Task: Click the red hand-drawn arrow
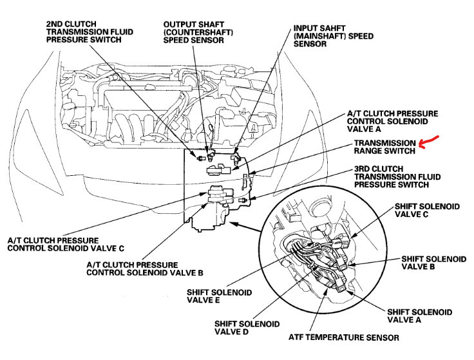(x=428, y=143)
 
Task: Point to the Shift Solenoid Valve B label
(x=433, y=263)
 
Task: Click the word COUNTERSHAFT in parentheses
(x=198, y=32)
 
